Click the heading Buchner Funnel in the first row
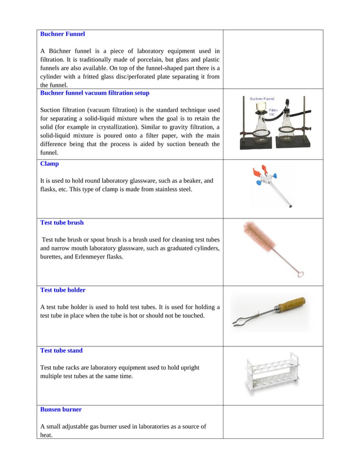click(63, 34)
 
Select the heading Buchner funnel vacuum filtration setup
click(95, 93)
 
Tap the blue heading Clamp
click(50, 164)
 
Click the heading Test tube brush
click(62, 222)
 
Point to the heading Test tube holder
click(63, 290)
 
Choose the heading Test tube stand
click(62, 350)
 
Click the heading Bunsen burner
click(61, 409)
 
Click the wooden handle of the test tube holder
click(290, 305)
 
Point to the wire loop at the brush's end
click(300, 275)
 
